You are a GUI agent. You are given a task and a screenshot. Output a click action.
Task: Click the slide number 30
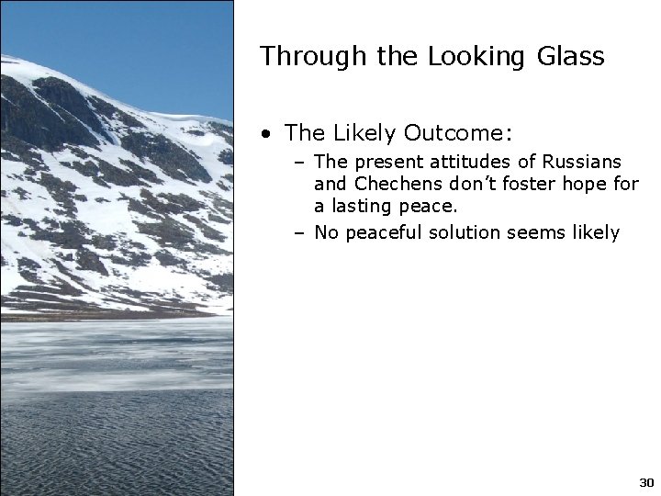(645, 482)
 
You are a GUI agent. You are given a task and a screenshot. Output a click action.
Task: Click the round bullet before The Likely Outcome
(265, 134)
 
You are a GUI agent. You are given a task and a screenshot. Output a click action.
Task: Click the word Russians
(582, 163)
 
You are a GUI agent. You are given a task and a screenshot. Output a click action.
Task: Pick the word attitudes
(465, 163)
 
